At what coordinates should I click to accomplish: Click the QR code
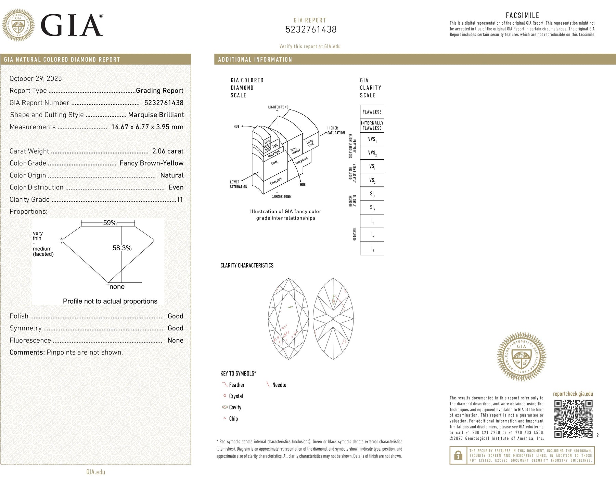[x=573, y=419]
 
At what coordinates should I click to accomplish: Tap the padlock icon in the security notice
[x=458, y=455]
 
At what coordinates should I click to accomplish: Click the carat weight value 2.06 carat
[x=168, y=151]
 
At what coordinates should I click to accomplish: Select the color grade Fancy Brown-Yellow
[x=151, y=163]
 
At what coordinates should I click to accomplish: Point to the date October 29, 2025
[x=36, y=79]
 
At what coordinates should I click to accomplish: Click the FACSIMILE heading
[x=522, y=15]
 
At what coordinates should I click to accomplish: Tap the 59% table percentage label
[x=110, y=223]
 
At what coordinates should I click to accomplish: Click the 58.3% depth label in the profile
[x=122, y=248]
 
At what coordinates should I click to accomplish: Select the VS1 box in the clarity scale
[x=372, y=167]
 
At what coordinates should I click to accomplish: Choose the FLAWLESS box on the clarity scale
[x=372, y=112]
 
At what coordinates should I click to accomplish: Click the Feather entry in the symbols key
[x=236, y=385]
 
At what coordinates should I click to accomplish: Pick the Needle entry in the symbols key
[x=279, y=385]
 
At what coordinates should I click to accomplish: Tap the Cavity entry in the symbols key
[x=235, y=407]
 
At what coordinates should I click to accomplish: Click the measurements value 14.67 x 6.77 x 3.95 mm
[x=147, y=127]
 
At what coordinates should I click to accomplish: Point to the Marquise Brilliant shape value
[x=156, y=115]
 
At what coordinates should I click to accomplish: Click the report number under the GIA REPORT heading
[x=311, y=30]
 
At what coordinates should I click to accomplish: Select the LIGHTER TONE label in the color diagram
[x=278, y=107]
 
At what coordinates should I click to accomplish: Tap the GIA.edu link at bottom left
[x=95, y=472]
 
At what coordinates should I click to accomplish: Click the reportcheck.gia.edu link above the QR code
[x=573, y=394]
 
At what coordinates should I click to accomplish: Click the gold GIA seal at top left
[x=18, y=25]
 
